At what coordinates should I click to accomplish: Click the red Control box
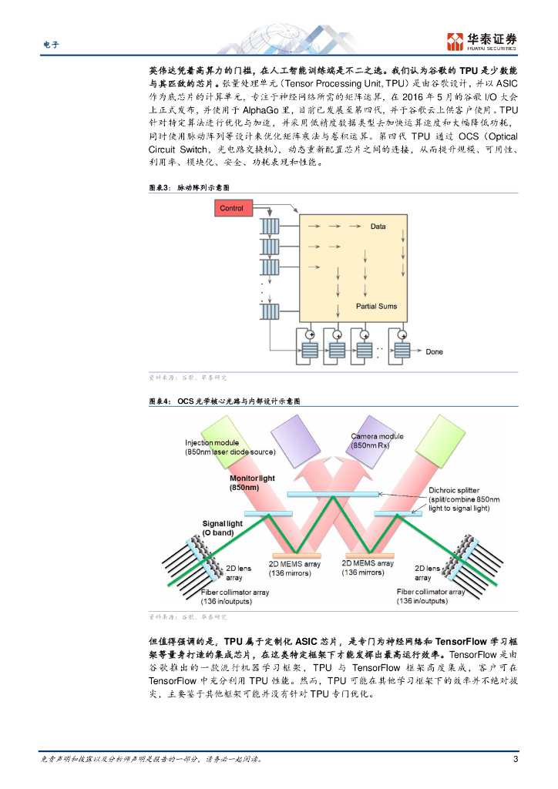point(231,208)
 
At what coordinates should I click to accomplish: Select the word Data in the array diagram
point(378,227)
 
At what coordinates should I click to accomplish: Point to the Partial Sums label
point(377,307)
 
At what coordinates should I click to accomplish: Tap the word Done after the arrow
point(435,351)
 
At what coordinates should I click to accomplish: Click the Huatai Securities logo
point(482,41)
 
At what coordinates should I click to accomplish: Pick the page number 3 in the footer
point(515,759)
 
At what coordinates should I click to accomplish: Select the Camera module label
point(377,441)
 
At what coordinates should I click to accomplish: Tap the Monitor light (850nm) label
point(252,483)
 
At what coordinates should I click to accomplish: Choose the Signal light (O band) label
point(222,529)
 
